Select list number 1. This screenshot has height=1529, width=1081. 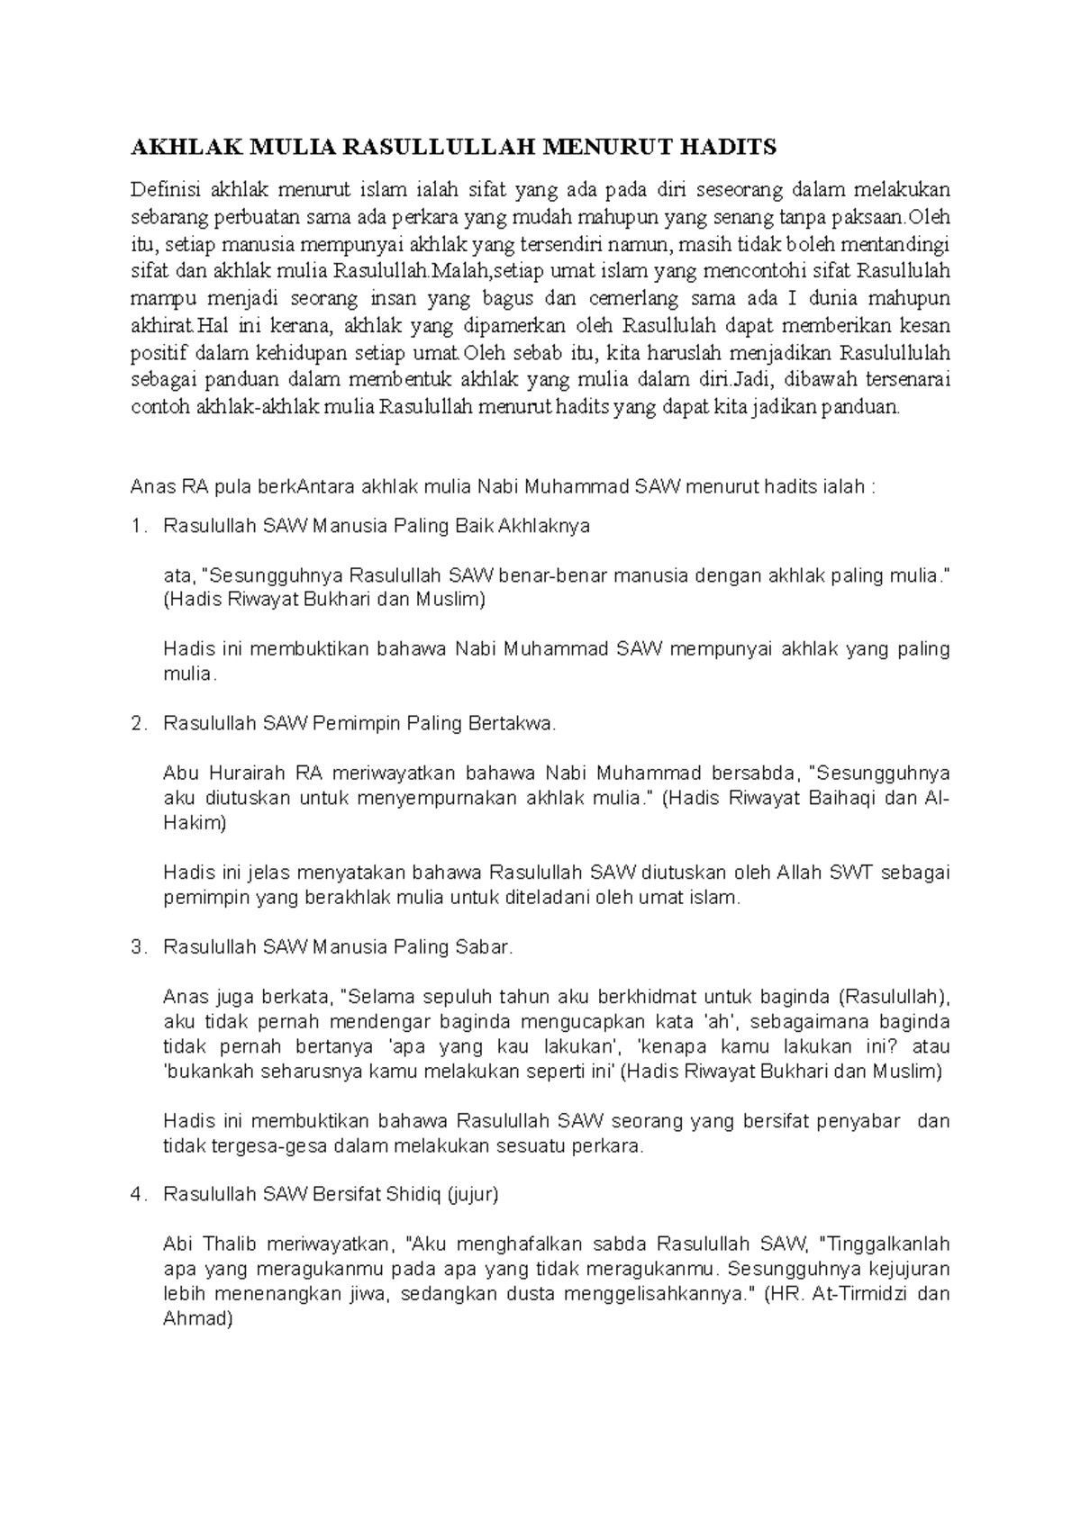click(x=136, y=526)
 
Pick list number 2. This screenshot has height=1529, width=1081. click(x=136, y=723)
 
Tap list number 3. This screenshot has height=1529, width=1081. click(x=136, y=946)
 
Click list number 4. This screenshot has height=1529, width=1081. click(x=136, y=1194)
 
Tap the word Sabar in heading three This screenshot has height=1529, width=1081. click(x=487, y=946)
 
